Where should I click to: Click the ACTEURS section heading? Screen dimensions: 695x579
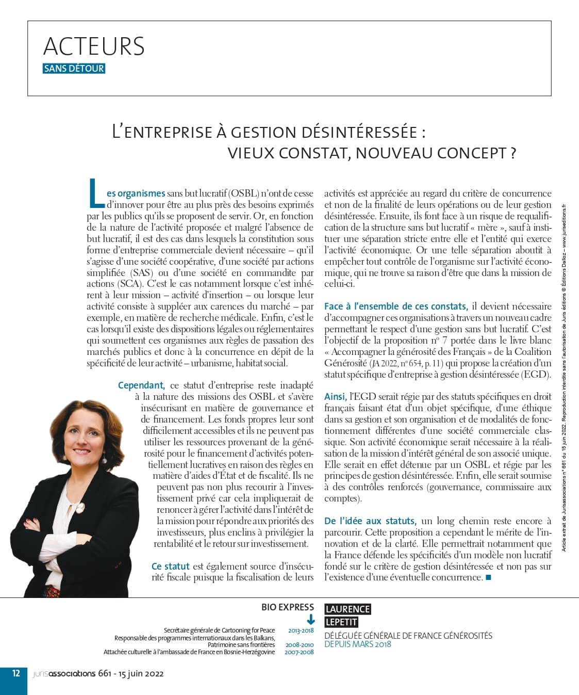(94, 46)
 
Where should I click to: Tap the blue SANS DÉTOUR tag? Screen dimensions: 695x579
(74, 69)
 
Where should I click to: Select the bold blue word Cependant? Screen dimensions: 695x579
(141, 385)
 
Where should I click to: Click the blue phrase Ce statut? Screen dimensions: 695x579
(171, 567)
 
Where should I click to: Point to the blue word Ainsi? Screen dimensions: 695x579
(335, 397)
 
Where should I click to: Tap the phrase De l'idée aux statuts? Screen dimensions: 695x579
(370, 521)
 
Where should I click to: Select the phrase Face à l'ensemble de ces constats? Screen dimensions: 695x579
(395, 306)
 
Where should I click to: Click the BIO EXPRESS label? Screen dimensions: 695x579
(287, 607)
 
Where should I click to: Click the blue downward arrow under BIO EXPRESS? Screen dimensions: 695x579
(311, 620)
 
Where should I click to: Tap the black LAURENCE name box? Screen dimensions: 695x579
(348, 609)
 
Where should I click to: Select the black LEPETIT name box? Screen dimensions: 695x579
(341, 622)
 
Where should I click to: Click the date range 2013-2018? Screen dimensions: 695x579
(301, 631)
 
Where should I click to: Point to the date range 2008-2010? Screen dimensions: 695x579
(300, 645)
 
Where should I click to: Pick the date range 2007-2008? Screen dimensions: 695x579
(299, 652)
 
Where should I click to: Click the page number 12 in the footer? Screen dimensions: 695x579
(16, 673)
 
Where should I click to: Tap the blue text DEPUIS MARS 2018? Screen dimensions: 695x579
(357, 644)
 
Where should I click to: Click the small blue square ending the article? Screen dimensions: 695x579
(488, 577)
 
